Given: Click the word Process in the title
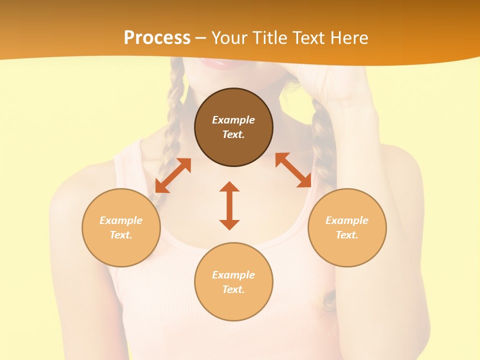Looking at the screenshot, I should (157, 38).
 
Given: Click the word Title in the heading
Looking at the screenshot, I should (269, 38).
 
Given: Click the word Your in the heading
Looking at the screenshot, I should (230, 38).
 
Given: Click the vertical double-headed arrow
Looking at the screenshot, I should (229, 205).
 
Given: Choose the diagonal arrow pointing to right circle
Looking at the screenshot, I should (293, 170).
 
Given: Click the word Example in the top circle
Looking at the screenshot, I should (233, 120).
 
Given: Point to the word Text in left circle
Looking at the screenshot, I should (121, 235).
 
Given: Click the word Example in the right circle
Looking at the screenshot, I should (347, 220).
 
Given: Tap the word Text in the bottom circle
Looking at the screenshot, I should (233, 289).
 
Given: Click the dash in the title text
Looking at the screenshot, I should (200, 38).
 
